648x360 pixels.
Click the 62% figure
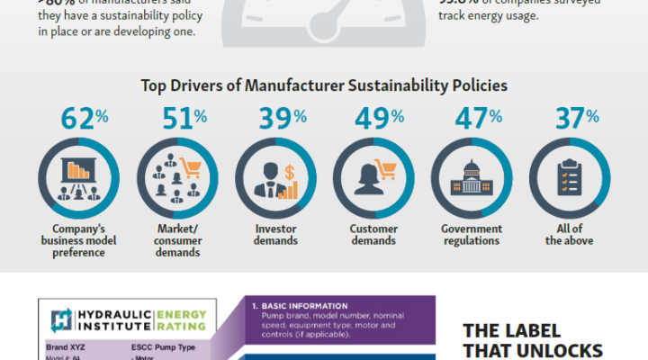coord(81,118)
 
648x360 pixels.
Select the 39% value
coord(277,118)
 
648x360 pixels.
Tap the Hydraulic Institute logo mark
coord(62,319)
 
